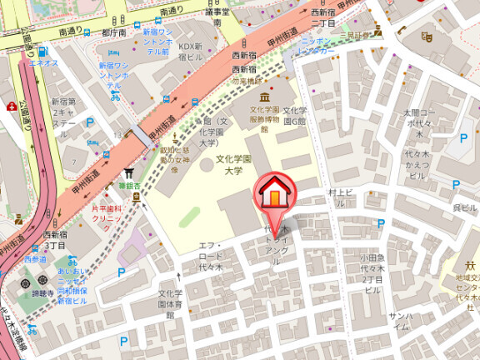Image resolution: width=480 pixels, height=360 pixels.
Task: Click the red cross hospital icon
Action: [x=11, y=107]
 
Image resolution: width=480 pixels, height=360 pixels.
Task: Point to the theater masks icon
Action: [x=427, y=37]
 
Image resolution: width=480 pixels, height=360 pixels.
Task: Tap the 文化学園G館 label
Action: [x=294, y=116]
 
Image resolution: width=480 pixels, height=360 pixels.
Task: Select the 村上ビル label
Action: [x=342, y=192]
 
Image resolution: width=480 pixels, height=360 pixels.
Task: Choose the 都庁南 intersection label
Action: [x=113, y=32]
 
